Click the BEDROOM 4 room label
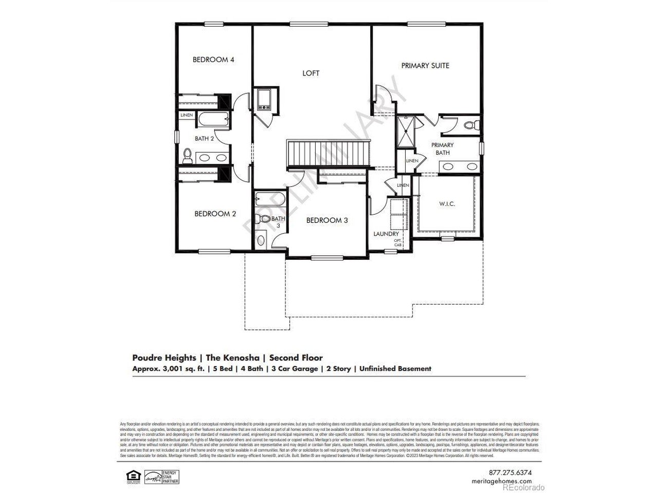pos(213,60)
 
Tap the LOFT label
pos(310,73)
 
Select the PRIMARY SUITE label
pos(425,65)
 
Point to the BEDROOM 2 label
pos(215,214)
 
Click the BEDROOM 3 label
pos(327,220)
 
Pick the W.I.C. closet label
pos(447,203)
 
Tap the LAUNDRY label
pos(386,234)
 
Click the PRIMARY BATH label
pos(442,149)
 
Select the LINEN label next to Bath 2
pos(186,115)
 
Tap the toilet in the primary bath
pos(470,124)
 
